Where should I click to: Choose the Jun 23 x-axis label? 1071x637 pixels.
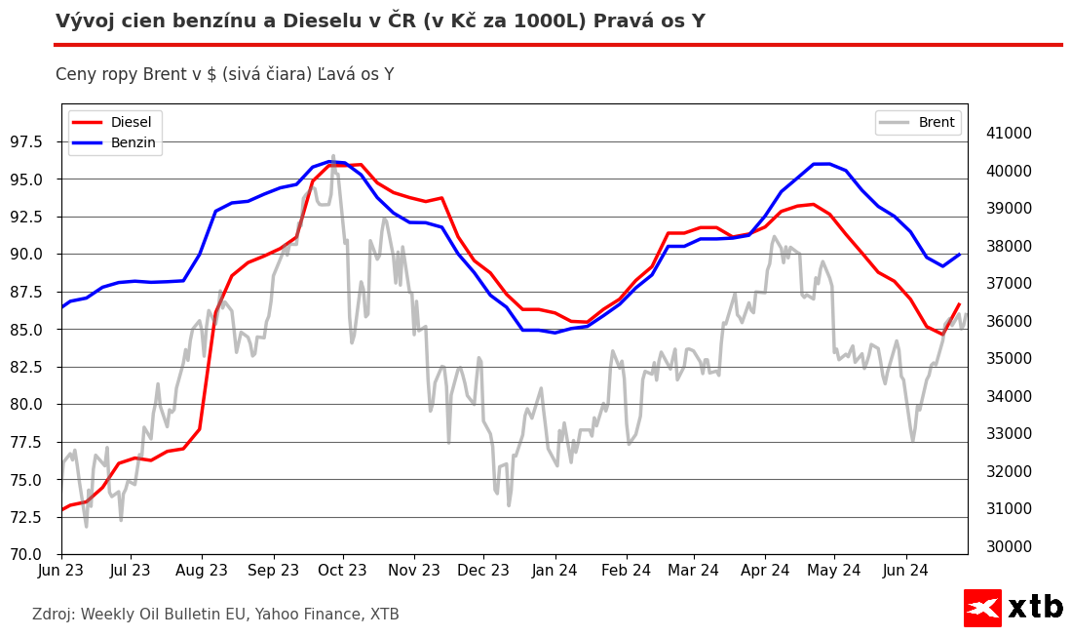pyautogui.click(x=61, y=570)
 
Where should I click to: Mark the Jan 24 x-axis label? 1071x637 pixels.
pyautogui.click(x=555, y=570)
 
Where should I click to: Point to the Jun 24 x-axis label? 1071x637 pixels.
pyautogui.click(x=905, y=570)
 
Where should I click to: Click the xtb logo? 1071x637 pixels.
pyautogui.click(x=1013, y=608)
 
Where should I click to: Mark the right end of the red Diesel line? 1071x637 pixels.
pyautogui.click(x=959, y=304)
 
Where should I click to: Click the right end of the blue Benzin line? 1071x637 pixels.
pyautogui.click(x=960, y=255)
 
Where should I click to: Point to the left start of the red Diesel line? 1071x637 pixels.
pyautogui.click(x=62, y=509)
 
